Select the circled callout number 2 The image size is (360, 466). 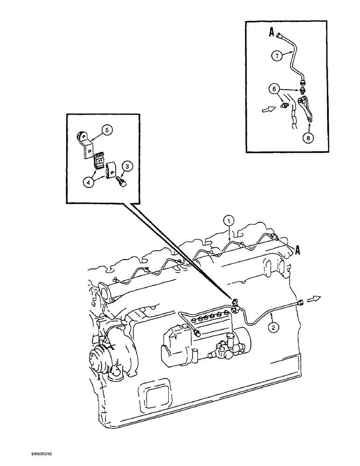coord(275,327)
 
